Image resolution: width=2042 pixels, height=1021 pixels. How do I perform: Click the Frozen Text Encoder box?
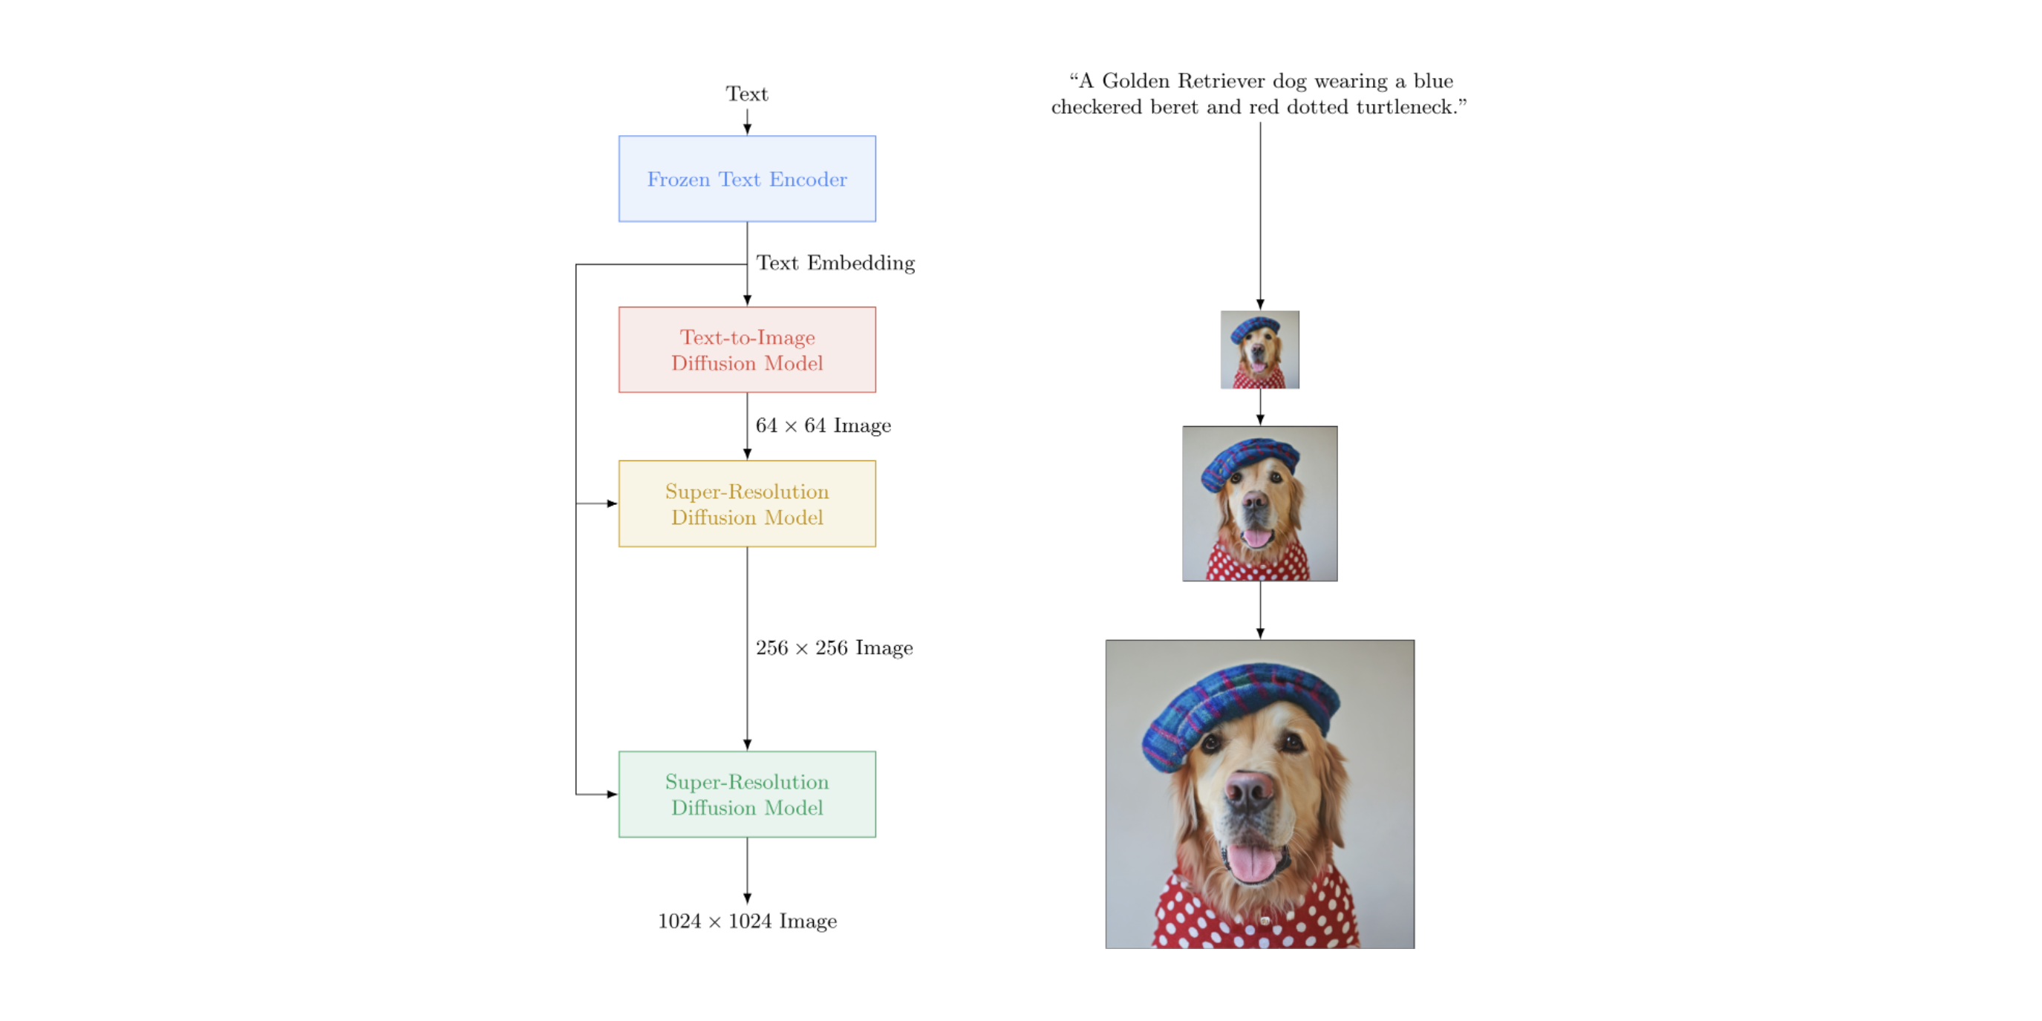click(747, 179)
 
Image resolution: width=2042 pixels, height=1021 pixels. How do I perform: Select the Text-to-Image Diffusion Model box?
click(747, 350)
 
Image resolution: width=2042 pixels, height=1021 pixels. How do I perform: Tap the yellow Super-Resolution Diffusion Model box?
click(747, 503)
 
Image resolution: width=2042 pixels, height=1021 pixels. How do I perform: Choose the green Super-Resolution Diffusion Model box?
click(747, 794)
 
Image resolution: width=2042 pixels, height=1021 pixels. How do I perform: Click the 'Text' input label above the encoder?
click(747, 94)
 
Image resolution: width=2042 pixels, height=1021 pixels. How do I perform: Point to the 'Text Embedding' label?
click(835, 263)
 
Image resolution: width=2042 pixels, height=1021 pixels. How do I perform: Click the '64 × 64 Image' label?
click(823, 425)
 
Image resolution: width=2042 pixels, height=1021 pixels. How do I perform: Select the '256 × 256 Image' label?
click(834, 647)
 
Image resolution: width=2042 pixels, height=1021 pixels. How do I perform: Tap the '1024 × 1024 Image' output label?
click(747, 921)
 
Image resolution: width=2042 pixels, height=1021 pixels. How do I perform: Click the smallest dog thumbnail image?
click(1259, 350)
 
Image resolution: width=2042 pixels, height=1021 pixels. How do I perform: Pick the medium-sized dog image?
click(1259, 503)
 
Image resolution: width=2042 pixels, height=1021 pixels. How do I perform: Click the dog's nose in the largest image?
click(1250, 789)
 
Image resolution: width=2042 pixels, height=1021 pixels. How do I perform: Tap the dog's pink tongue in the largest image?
click(1253, 861)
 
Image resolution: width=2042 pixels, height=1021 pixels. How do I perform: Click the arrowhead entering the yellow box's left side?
click(612, 503)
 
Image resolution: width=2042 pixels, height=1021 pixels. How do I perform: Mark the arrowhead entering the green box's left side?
click(612, 794)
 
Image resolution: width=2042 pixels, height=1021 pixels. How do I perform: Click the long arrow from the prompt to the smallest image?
click(1259, 214)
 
